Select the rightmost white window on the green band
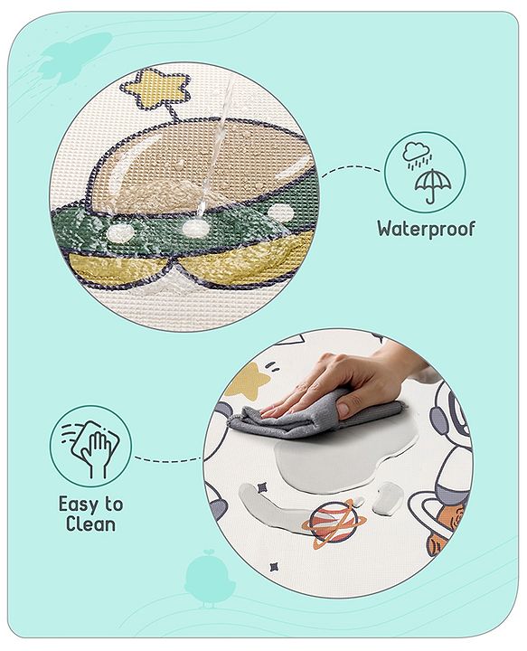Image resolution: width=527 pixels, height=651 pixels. pos(281,213)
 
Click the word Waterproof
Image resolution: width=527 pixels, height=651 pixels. pos(426,229)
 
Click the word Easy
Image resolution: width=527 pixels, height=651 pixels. pos(76,505)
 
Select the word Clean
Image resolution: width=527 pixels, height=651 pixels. pos(90,524)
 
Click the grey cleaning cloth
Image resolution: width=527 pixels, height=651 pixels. pos(298,419)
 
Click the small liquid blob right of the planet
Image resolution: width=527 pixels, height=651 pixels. pos(388,495)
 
